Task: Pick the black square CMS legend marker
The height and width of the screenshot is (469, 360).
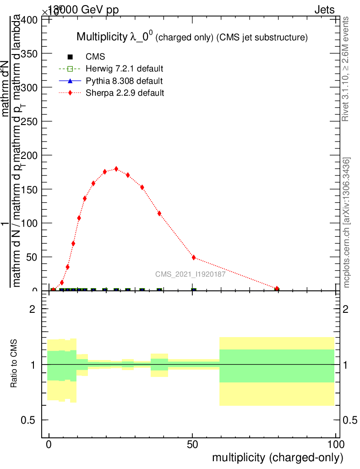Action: point(70,57)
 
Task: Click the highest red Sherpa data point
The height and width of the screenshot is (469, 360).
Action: point(116,169)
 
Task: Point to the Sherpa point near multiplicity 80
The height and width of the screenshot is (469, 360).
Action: point(277,289)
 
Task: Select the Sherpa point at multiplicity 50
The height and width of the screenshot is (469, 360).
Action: point(194,257)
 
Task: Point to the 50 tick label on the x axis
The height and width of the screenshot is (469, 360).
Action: point(193,445)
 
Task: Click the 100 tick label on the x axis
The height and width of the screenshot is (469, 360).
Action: point(336,445)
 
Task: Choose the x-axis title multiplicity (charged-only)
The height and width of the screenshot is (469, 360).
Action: point(277,458)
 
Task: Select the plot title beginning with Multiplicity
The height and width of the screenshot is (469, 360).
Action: point(191,37)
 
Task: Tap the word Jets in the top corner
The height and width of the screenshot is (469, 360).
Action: point(324,10)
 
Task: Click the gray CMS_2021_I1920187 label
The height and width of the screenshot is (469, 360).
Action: point(190,274)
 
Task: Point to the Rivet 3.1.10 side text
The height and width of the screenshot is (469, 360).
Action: point(346,69)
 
